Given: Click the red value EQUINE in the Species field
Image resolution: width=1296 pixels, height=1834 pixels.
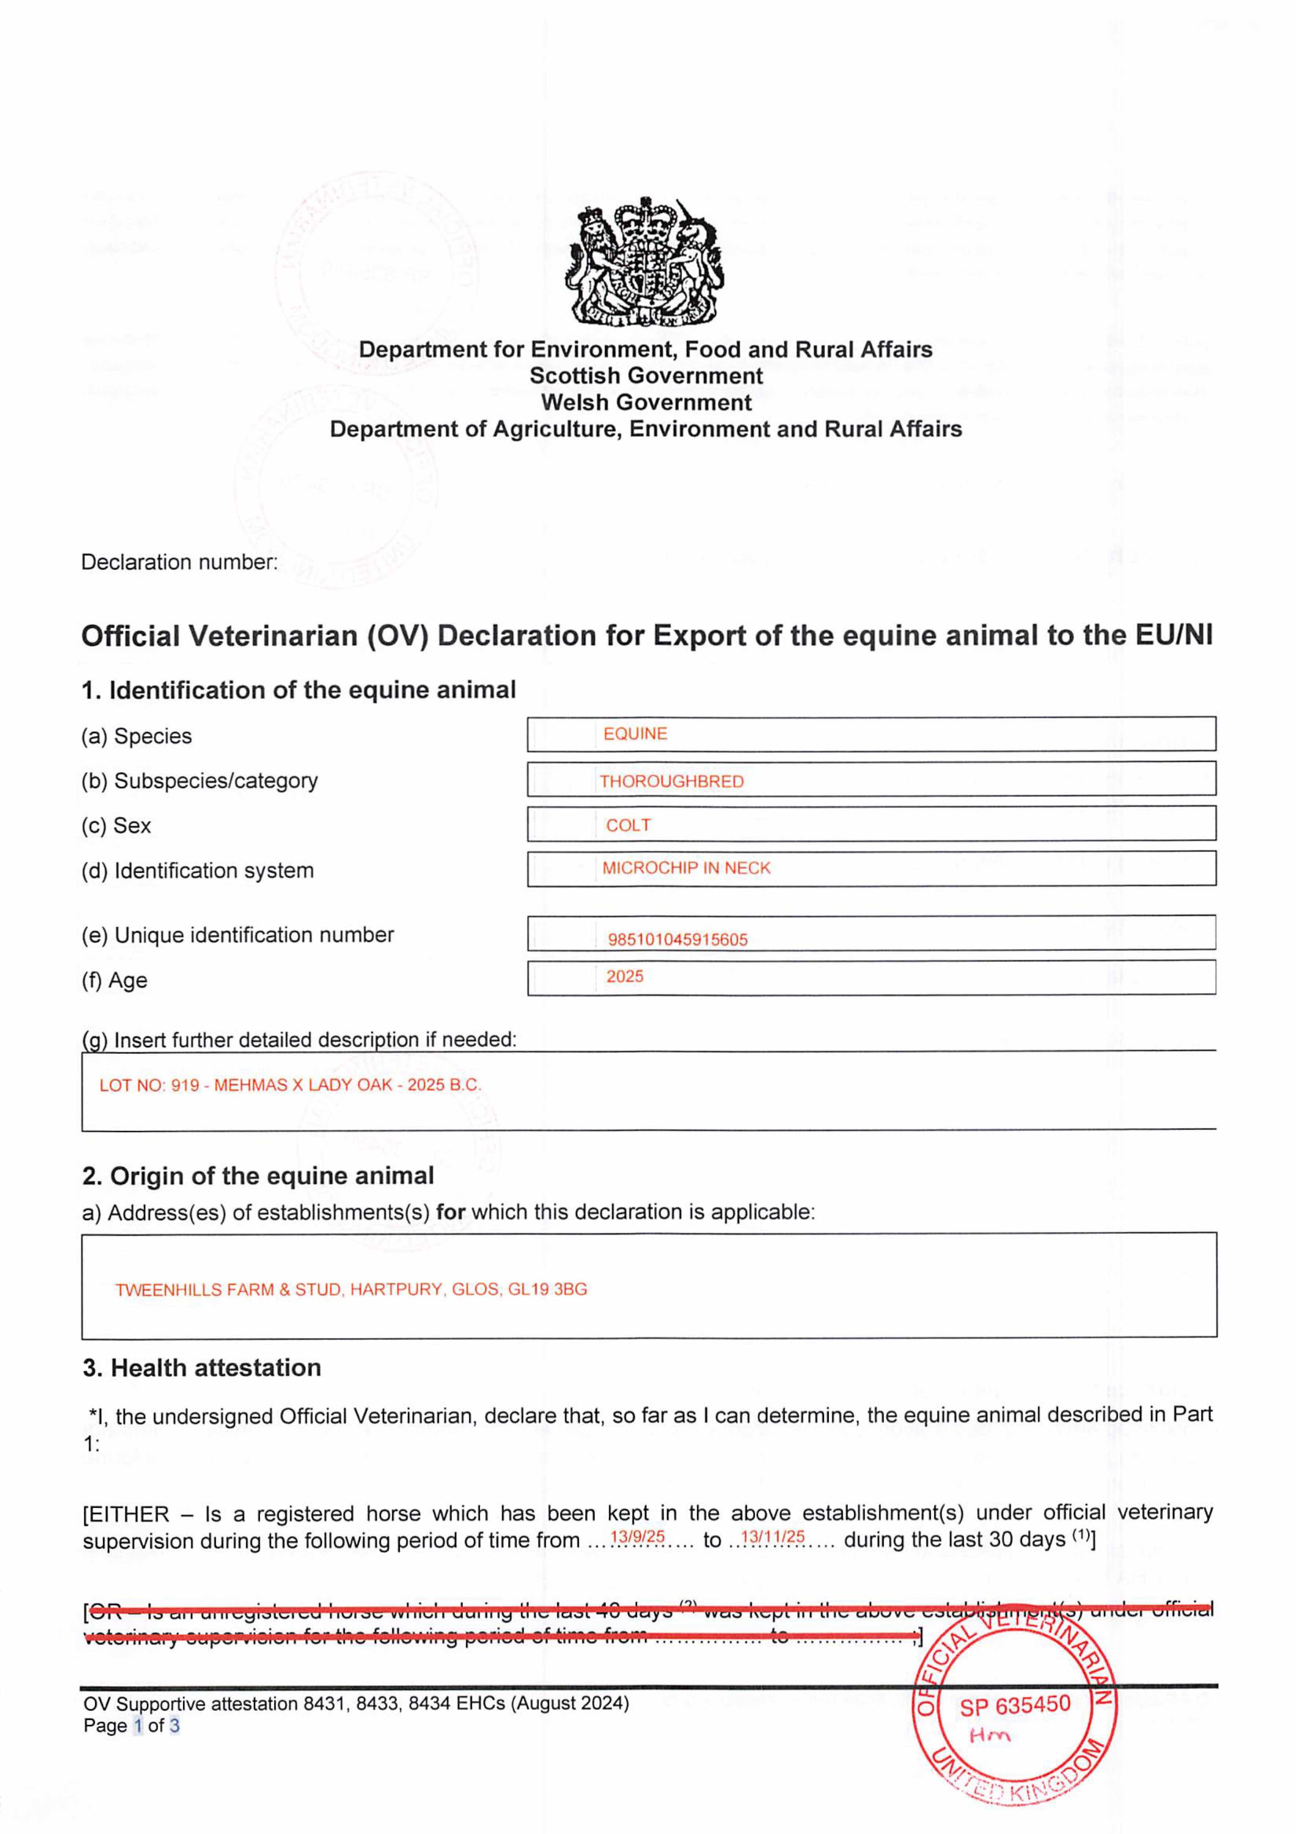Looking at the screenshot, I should pyautogui.click(x=635, y=733).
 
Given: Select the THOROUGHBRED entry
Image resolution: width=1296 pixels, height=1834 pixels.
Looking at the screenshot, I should pyautogui.click(x=672, y=781).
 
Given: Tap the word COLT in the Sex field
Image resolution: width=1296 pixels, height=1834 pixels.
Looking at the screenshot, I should pyautogui.click(x=628, y=825).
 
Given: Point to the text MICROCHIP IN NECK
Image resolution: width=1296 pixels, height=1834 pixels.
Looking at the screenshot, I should pyautogui.click(x=686, y=868).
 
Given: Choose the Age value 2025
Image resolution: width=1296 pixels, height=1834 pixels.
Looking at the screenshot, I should pyautogui.click(x=624, y=976).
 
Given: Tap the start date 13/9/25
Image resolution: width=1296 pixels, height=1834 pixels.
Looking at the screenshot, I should pyautogui.click(x=637, y=1536).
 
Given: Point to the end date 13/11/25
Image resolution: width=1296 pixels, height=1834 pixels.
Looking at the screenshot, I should pyautogui.click(x=772, y=1536).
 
